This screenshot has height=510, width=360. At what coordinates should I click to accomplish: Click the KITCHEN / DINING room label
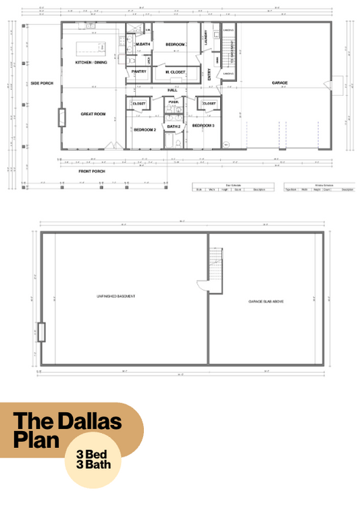(91, 63)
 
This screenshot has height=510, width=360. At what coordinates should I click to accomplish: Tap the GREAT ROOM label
(94, 114)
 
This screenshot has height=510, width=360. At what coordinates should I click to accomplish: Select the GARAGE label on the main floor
(280, 83)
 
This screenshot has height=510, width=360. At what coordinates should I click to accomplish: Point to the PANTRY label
(139, 71)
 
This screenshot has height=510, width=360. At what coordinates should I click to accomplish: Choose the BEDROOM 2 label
(145, 129)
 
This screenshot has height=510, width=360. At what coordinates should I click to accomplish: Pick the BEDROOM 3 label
(203, 126)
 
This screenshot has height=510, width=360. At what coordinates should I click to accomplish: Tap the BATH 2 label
(173, 126)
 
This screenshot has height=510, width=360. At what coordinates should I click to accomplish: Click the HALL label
(172, 89)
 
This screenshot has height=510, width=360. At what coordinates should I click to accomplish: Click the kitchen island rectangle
(88, 47)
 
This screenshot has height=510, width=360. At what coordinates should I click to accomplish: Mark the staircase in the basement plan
(215, 261)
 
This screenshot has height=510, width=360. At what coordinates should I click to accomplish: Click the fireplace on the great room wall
(61, 118)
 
